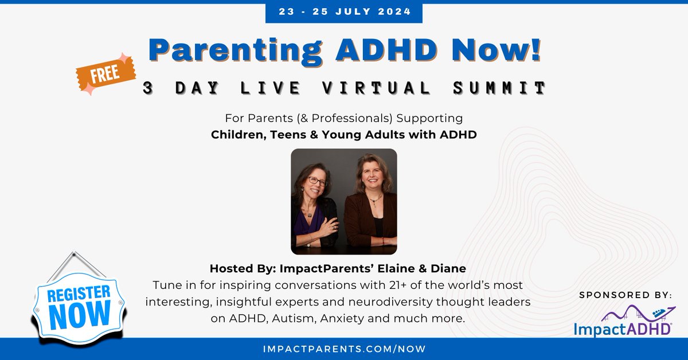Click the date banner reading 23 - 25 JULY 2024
point(343,11)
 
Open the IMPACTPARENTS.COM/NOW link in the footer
point(343,349)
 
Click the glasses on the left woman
point(317,181)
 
